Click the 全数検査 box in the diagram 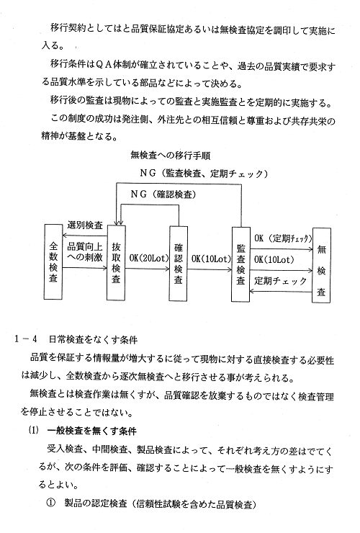click(53, 261)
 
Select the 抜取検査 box click(116, 263)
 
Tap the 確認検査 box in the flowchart click(179, 264)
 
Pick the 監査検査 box click(240, 264)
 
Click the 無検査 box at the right click(321, 265)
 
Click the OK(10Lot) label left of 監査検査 click(211, 259)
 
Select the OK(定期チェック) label click(283, 238)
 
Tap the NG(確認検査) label click(163, 194)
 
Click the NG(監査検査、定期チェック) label click(204, 174)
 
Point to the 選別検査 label click(85, 225)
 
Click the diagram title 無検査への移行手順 click(171, 156)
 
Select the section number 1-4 click(25, 339)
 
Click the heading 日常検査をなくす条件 click(93, 339)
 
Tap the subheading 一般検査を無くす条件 click(92, 431)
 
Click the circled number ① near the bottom click(50, 503)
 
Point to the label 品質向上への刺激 click(85, 251)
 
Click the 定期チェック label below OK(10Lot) click(281, 281)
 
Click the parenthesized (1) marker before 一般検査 click(33, 430)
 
